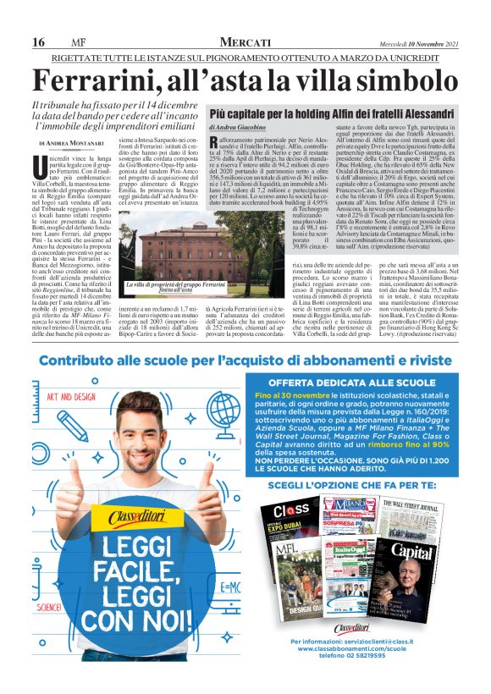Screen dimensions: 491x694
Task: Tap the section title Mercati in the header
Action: point(245,42)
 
